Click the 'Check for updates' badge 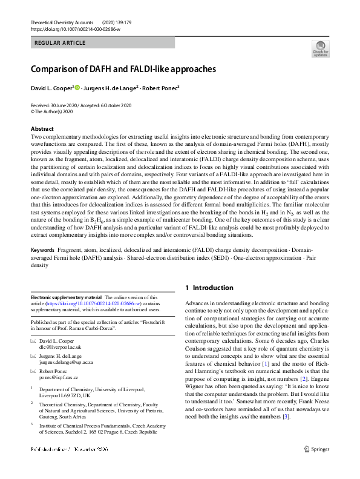pyautogui.click(x=321, y=48)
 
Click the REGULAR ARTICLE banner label pyautogui.click(x=61, y=43)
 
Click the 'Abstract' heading pyautogui.click(x=42, y=129)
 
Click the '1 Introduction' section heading pyautogui.click(x=209, y=288)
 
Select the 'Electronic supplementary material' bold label pyautogui.click(x=66, y=298)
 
